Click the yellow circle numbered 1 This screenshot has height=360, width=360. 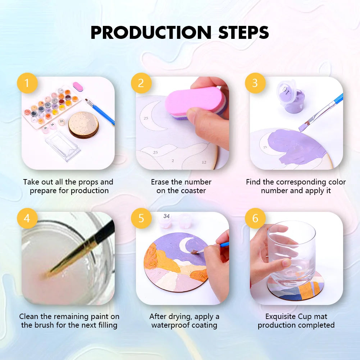27,83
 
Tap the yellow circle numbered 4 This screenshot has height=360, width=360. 27,218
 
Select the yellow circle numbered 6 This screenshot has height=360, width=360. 255,218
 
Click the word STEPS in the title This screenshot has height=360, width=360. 243,32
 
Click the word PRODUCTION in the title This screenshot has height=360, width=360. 151,32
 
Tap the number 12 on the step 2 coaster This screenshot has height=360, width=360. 204,162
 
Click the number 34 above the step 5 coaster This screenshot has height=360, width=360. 167,216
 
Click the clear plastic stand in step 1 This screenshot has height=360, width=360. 63,146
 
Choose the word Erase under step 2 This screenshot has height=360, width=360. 160,182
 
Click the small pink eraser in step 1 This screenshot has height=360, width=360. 78,87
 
